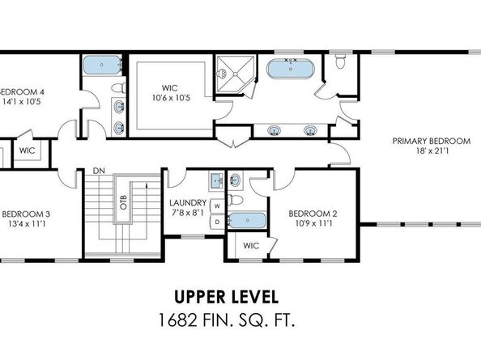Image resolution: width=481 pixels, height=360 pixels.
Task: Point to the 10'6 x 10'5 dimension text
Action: pos(169,98)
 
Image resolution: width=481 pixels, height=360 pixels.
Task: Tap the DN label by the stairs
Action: pos(100,172)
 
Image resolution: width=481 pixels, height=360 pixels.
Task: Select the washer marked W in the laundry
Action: pos(216,205)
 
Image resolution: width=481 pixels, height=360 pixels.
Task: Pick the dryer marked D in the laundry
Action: pos(216,221)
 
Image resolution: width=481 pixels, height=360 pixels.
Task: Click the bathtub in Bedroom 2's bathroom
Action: pos(245,219)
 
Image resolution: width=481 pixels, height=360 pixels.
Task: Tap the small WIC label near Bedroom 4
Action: pos(28,150)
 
